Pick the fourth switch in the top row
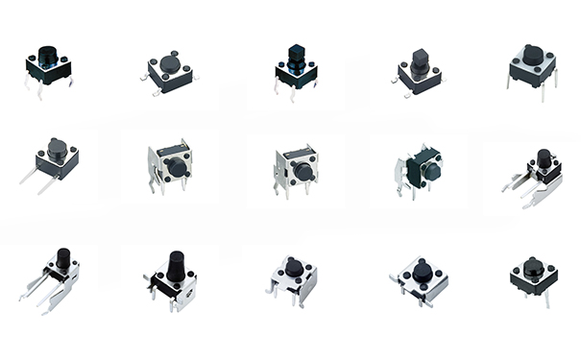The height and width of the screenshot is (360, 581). pyautogui.click(x=420, y=73)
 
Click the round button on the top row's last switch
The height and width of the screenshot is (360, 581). pyautogui.click(x=533, y=55)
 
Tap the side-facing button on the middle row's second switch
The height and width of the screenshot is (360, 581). pyautogui.click(x=179, y=168)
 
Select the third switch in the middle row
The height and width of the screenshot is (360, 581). pyautogui.click(x=296, y=168)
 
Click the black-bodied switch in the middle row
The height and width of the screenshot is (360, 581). pyautogui.click(x=423, y=169)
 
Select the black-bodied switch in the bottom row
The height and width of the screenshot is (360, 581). pyautogui.click(x=534, y=276)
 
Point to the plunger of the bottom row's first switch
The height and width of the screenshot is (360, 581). pyautogui.click(x=63, y=258)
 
